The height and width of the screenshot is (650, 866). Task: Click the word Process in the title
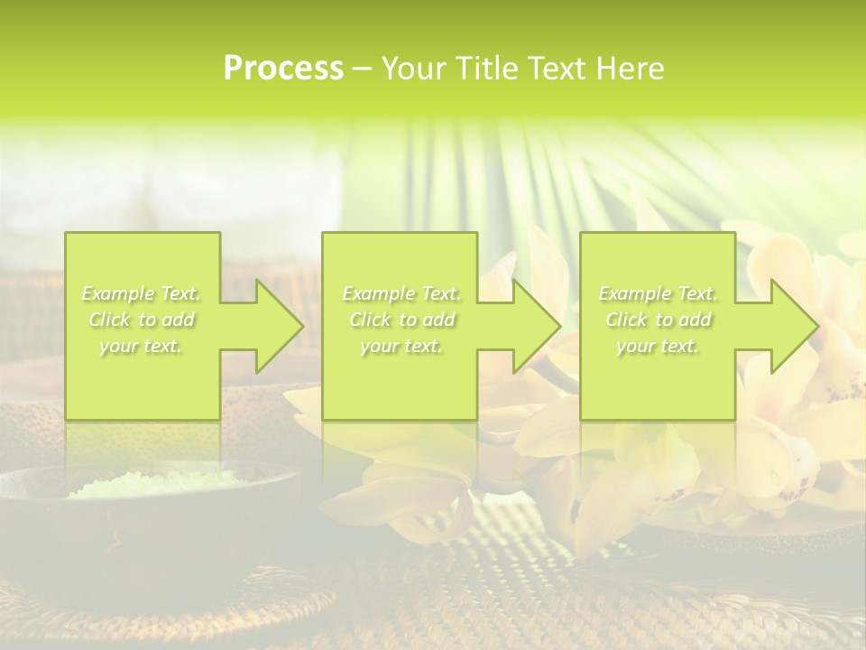coord(283,69)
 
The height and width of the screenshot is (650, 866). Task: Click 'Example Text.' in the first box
coord(142,293)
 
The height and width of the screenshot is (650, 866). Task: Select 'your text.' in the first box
coord(142,346)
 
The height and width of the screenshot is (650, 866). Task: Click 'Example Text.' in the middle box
coord(401,293)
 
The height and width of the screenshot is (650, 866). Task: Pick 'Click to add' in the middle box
coord(401,320)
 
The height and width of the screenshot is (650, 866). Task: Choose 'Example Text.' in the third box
coord(658,293)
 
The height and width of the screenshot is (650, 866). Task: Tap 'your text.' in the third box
coord(658,346)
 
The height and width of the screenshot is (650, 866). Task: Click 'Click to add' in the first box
coord(142,320)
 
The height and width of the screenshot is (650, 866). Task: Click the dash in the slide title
coord(362,70)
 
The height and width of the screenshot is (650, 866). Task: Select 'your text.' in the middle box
coord(401,346)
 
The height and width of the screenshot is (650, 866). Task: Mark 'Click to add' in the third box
coord(658,320)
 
